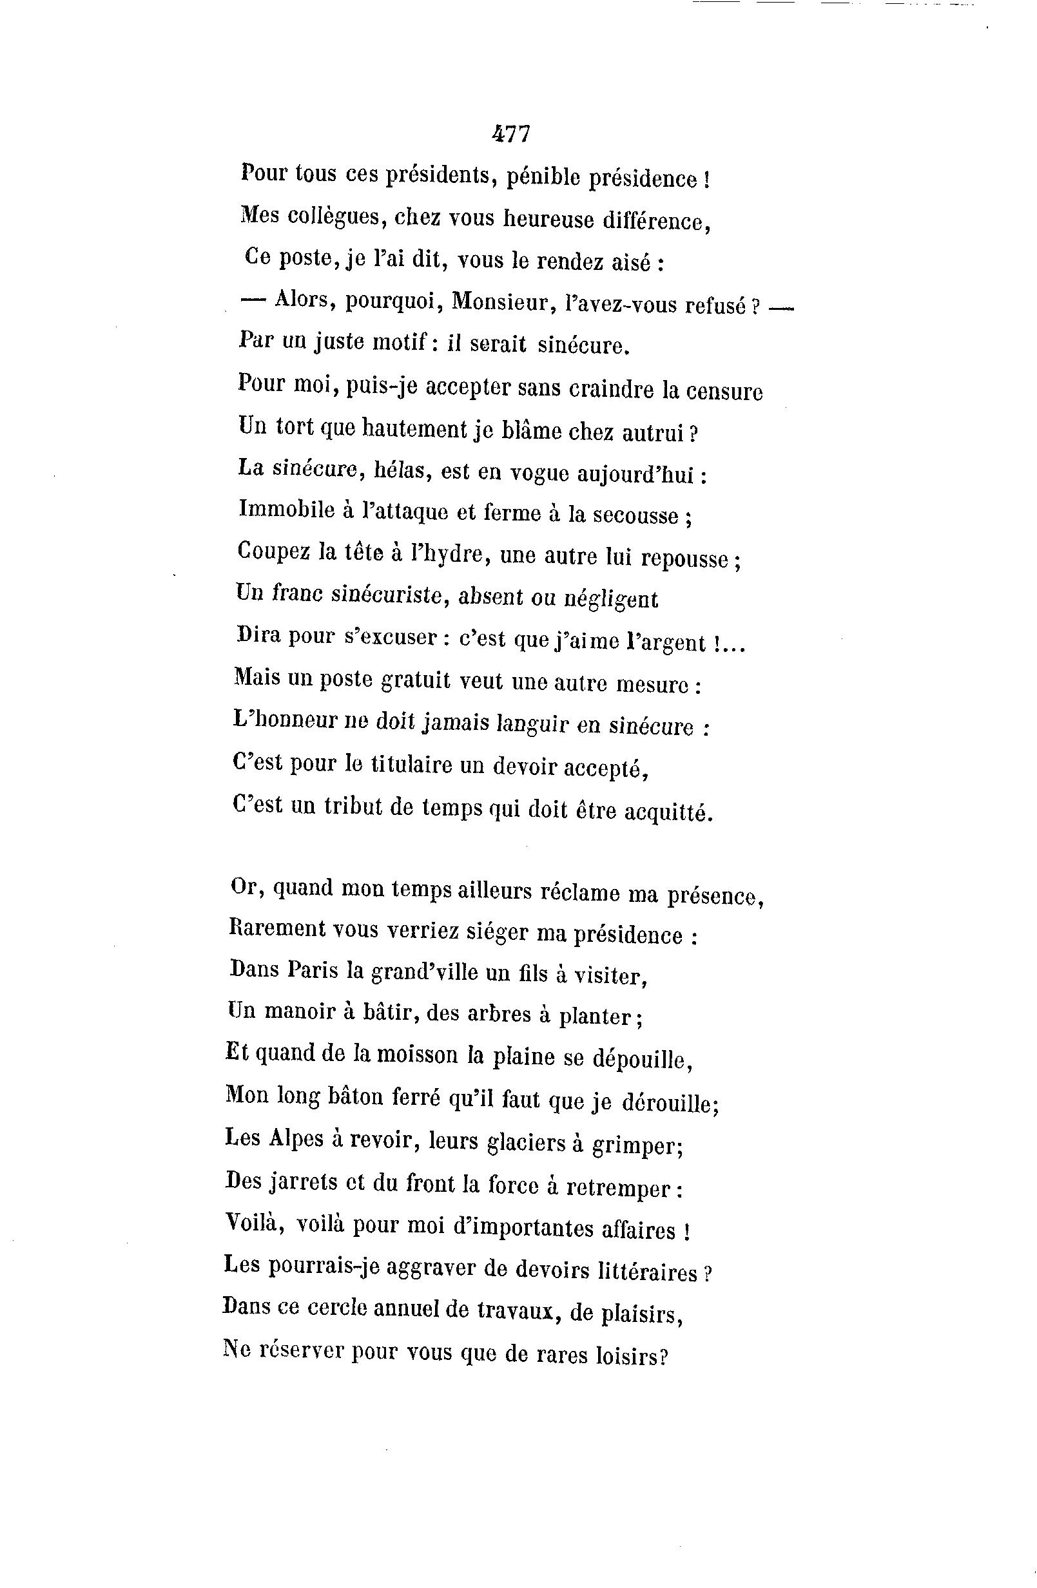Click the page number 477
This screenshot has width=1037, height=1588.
[511, 135]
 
